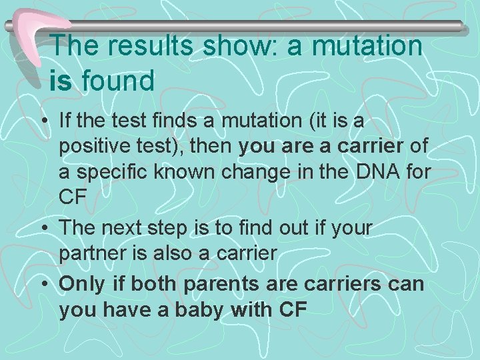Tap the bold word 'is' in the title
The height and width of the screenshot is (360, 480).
pos(61,81)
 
